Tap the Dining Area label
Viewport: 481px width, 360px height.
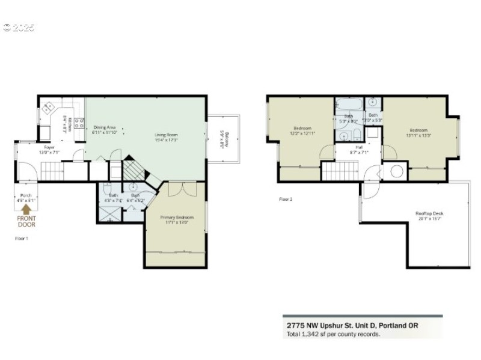point(104,127)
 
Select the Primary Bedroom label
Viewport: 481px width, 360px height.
point(177,217)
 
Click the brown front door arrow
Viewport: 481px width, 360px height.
point(26,209)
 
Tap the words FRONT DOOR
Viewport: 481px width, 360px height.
point(26,221)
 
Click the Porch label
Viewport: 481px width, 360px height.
point(26,195)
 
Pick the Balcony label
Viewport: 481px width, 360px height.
point(225,141)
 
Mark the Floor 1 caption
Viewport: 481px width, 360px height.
point(21,239)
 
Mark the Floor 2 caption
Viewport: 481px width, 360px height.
point(286,199)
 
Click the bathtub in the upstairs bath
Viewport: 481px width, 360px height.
point(349,104)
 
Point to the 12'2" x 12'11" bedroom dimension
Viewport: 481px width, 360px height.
point(302,133)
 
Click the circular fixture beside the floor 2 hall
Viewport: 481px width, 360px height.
point(397,171)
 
